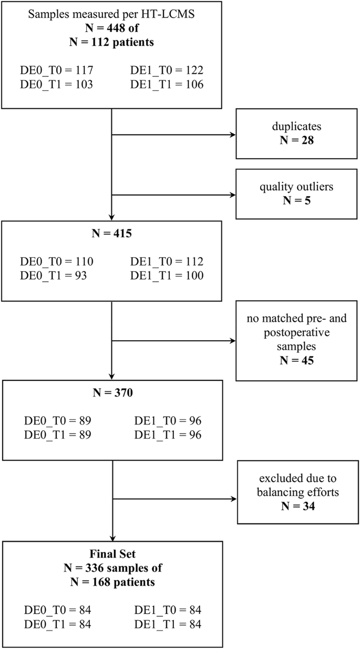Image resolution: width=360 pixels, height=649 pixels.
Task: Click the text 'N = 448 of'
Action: (x=111, y=29)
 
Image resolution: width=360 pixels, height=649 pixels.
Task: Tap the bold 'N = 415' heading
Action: (x=111, y=232)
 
